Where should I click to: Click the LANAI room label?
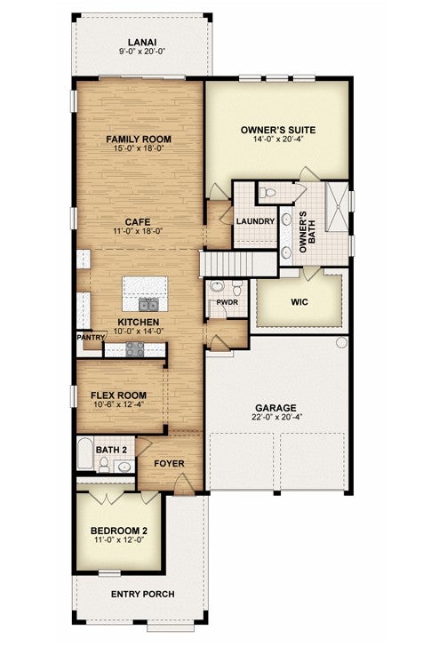(142, 42)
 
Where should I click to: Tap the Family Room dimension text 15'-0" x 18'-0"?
(139, 148)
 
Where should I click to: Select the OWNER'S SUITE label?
(278, 130)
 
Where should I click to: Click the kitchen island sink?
(148, 305)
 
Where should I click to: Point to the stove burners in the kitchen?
(135, 348)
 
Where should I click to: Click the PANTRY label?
(91, 337)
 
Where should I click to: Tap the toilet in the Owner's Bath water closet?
(268, 192)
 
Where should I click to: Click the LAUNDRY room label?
(255, 221)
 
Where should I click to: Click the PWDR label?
(227, 302)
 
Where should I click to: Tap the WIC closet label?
(299, 301)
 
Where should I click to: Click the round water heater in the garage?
(342, 342)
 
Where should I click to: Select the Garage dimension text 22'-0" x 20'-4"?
(277, 417)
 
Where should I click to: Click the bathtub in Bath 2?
(85, 453)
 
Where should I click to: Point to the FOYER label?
(169, 463)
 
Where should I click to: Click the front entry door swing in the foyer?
(183, 483)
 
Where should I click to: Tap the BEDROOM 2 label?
(119, 531)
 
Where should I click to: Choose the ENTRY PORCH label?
(143, 595)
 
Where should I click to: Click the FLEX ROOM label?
(118, 395)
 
